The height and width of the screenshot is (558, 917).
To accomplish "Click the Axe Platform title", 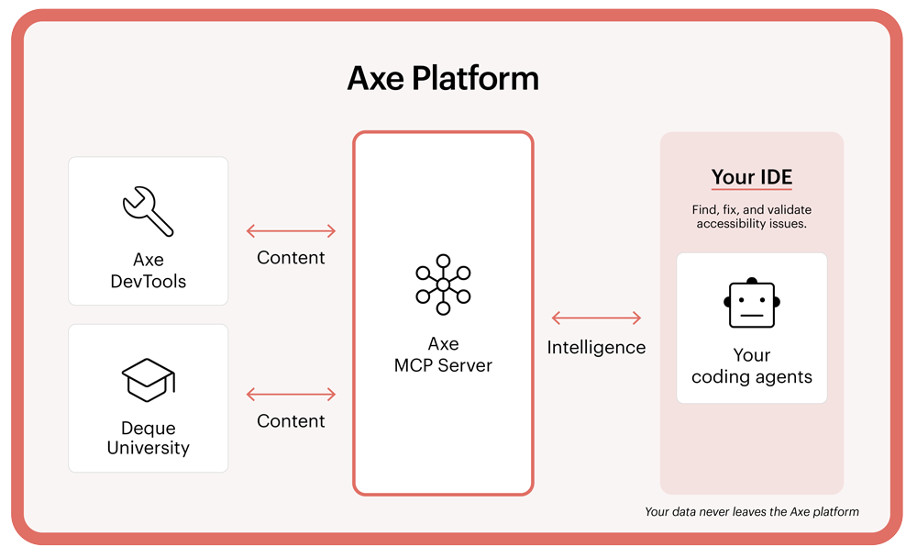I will click(x=443, y=78).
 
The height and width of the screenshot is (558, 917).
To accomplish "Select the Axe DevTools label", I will click(x=148, y=271).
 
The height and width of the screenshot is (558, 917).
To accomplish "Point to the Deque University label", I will click(x=148, y=438).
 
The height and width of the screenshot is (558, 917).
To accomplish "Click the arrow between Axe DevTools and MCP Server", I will click(x=291, y=231).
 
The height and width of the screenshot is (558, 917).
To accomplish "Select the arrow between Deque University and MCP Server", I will click(x=291, y=395).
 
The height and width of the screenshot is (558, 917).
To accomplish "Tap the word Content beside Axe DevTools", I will click(x=291, y=258).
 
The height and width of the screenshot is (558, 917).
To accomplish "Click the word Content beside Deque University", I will click(x=291, y=421).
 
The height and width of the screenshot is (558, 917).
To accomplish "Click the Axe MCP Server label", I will click(x=443, y=354).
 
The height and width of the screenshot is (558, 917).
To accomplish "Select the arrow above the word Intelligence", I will click(x=596, y=318).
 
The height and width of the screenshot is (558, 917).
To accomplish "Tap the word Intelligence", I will click(x=596, y=348).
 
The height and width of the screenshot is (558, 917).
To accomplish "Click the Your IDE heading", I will click(x=752, y=177).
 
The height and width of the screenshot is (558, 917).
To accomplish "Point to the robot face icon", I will click(x=752, y=305).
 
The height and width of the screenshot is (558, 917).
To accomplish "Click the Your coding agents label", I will click(x=752, y=365).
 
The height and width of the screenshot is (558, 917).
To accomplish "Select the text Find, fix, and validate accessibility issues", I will click(x=752, y=217).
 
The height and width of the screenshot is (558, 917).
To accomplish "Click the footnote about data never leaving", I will click(x=752, y=511).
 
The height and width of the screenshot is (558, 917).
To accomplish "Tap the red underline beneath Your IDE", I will click(x=752, y=190).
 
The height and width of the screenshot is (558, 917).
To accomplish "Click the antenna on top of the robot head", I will click(x=752, y=279).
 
